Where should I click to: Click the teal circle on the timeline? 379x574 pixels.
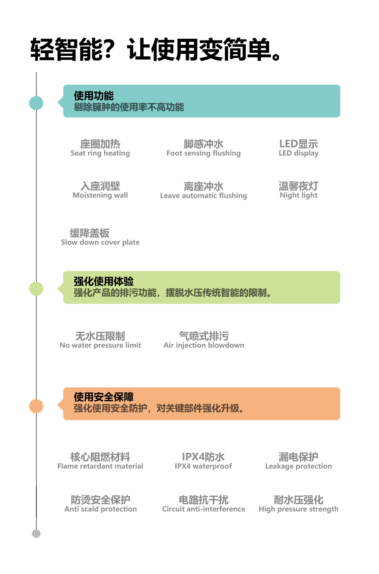click(x=36, y=103)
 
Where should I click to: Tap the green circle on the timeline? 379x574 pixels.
click(x=36, y=289)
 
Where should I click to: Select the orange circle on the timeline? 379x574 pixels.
click(x=36, y=406)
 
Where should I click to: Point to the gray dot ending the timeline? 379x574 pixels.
click(x=36, y=533)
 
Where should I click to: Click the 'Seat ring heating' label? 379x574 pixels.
click(x=100, y=153)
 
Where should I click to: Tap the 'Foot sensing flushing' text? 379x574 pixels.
click(x=204, y=153)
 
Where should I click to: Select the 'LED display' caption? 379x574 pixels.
click(x=299, y=153)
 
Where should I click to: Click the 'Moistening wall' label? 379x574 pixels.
click(x=100, y=195)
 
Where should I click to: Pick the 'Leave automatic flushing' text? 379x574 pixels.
click(x=204, y=196)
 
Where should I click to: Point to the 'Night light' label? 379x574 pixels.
click(x=299, y=195)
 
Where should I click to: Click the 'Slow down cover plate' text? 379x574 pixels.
click(x=100, y=242)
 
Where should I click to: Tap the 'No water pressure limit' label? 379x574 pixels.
click(x=100, y=346)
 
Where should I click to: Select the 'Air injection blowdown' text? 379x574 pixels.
click(x=204, y=346)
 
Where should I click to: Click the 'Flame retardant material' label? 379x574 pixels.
click(x=100, y=466)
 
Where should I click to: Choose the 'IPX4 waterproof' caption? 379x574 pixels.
click(x=203, y=466)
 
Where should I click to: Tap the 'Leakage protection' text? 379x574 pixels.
click(x=299, y=466)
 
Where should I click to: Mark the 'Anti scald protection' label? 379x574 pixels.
click(x=101, y=509)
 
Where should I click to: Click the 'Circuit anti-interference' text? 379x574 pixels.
click(x=204, y=509)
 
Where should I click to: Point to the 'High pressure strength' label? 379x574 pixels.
click(x=299, y=509)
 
